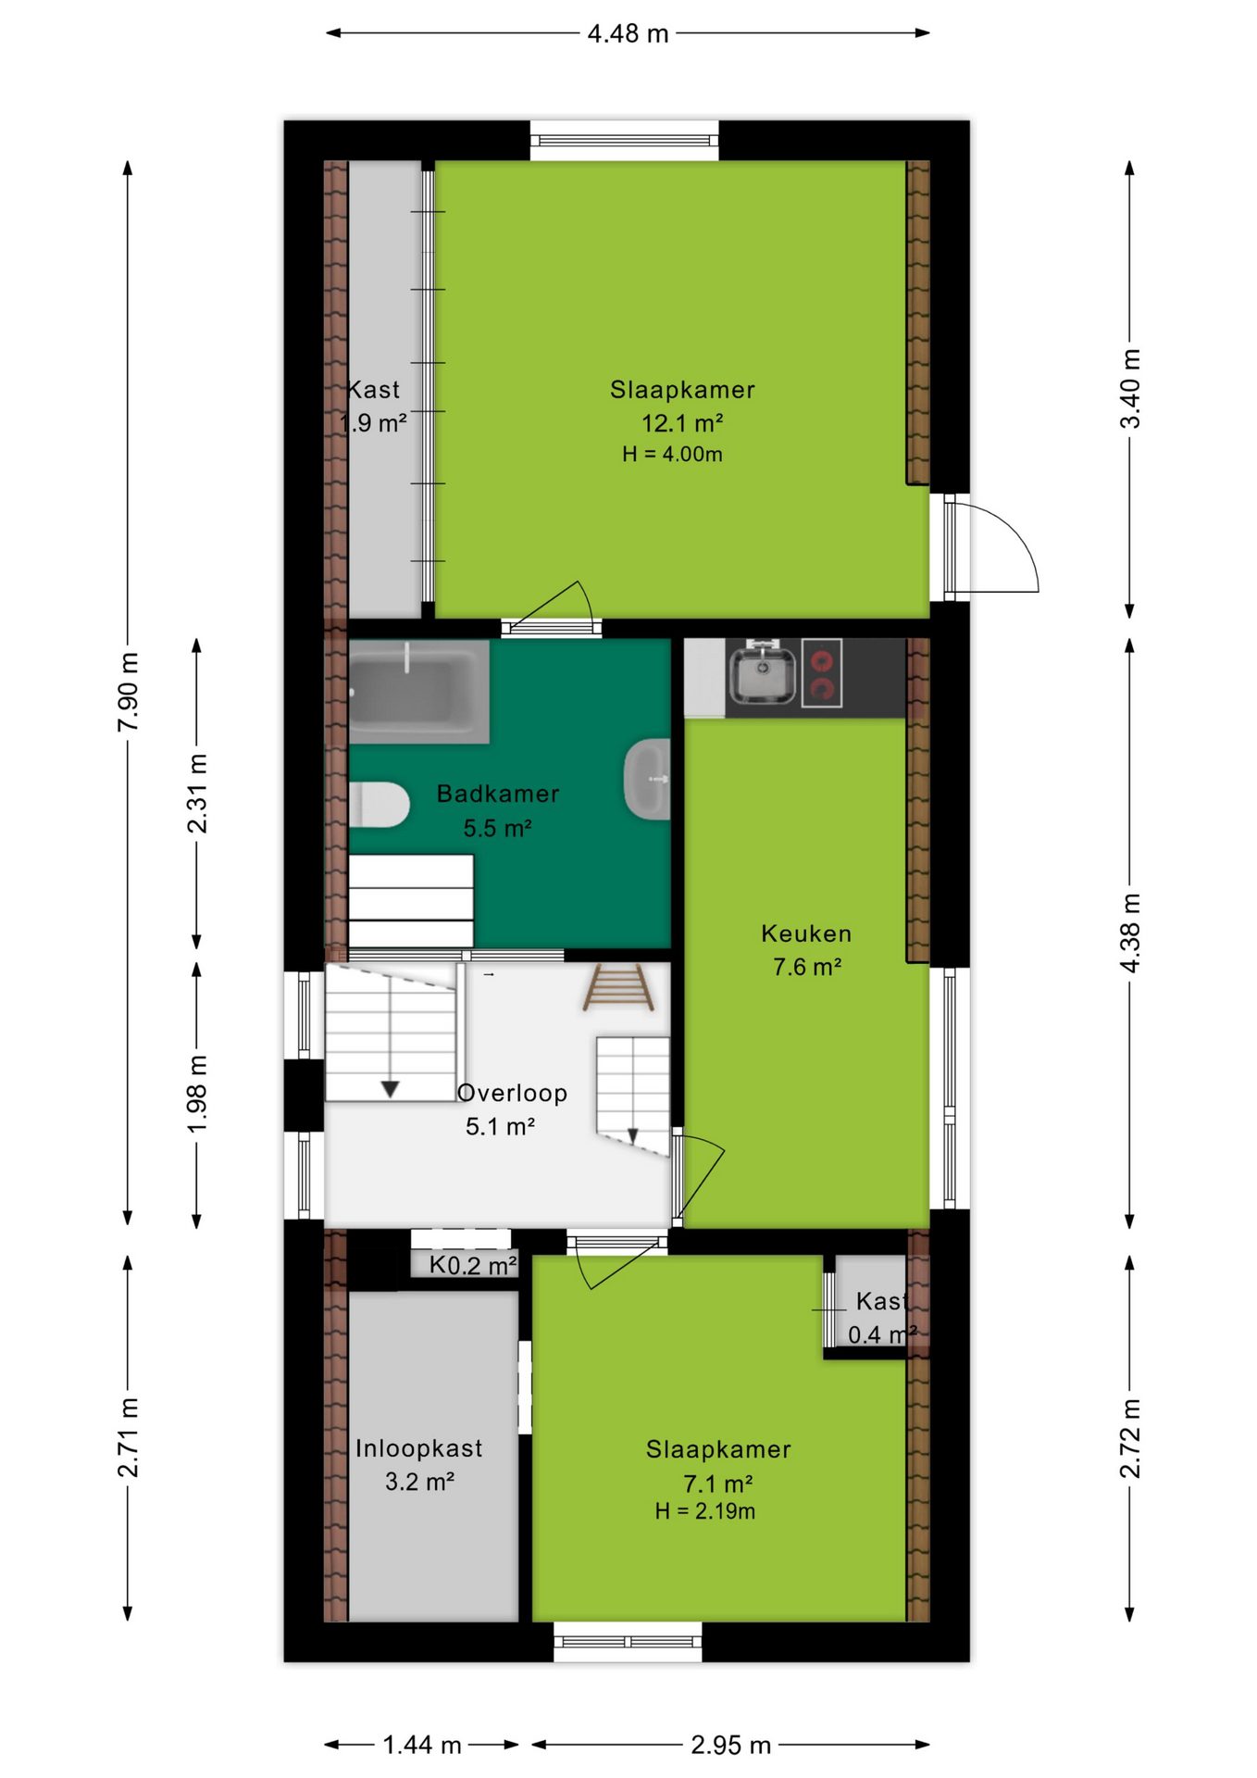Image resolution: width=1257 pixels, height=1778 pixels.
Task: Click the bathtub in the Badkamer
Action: coord(418,691)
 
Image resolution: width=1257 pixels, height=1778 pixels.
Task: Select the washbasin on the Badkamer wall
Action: coord(648,779)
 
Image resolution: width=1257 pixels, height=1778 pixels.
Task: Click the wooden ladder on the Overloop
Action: coord(618,987)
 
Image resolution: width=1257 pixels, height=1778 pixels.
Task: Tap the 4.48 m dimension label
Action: coord(628,34)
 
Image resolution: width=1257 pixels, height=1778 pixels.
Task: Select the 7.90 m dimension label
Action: coord(129,692)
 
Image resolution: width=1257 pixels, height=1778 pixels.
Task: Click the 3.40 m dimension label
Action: coord(1131,389)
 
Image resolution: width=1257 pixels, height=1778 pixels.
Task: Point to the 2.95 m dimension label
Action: coord(731,1746)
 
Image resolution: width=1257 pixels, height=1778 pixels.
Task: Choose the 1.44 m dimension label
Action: coord(422,1746)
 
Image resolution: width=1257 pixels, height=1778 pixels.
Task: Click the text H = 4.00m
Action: coord(673,455)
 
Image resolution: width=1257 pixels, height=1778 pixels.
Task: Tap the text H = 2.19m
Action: coord(705,1512)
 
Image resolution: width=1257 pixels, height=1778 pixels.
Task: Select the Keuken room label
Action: coord(806,933)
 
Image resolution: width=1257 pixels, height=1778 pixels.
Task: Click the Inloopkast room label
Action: coord(419,1448)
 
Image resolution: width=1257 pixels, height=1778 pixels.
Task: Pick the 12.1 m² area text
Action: coord(682,423)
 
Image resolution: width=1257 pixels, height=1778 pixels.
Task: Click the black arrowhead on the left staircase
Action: coord(391,1090)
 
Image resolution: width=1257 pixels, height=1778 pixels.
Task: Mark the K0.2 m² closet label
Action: coord(473,1266)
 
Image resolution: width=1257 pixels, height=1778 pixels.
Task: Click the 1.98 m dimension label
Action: coord(197,1094)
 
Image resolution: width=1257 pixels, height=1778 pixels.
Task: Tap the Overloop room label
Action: coord(513,1093)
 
